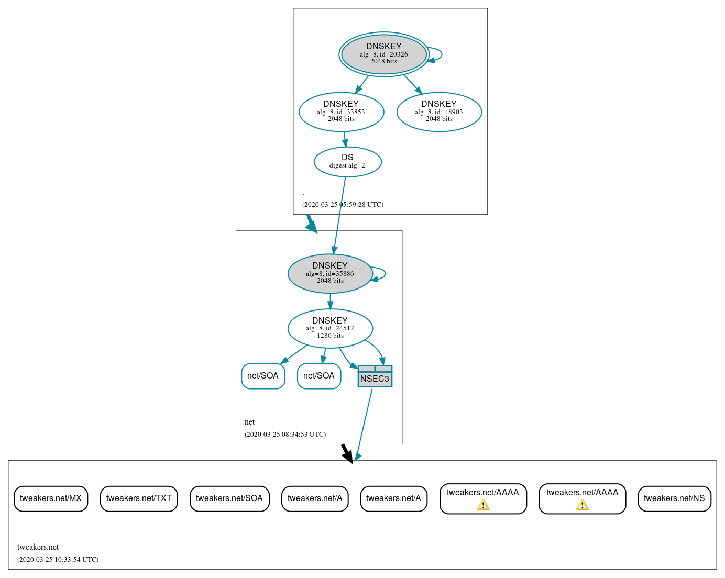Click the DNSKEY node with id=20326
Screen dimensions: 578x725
383,54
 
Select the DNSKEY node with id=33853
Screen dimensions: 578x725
341,112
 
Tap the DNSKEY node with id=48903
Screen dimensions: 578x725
439,112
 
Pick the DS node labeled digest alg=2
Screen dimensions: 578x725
347,162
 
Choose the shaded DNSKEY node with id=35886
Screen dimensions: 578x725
329,273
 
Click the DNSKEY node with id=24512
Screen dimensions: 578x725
330,328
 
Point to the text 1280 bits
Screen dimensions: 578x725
330,336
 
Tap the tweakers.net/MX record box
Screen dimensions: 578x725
51,498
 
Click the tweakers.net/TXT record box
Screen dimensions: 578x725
139,498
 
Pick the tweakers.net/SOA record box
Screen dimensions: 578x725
229,498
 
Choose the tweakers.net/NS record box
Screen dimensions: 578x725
674,498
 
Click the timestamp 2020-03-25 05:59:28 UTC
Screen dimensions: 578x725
343,205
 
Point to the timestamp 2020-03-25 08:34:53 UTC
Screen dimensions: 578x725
285,435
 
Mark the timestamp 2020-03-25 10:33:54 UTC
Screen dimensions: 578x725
58,560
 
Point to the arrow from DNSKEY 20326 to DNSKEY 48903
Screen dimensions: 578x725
412,84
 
